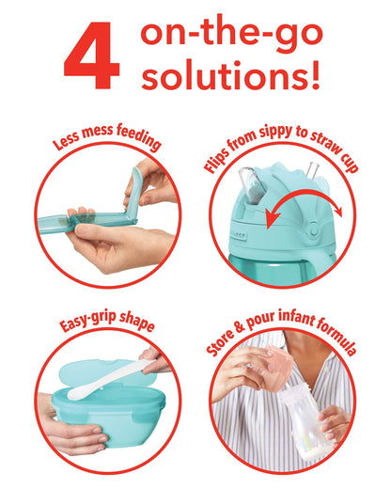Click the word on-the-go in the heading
[x=231, y=34]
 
